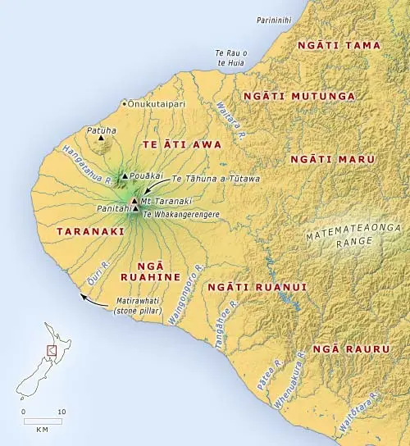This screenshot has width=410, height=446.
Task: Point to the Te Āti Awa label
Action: pos(172,143)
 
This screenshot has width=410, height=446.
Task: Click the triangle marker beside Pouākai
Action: pos(124,176)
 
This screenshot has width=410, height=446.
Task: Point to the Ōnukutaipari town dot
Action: pos(124,104)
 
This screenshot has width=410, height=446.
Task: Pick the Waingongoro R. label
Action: pos(186,302)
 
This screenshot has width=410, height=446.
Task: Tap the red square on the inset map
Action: pos(51,350)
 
